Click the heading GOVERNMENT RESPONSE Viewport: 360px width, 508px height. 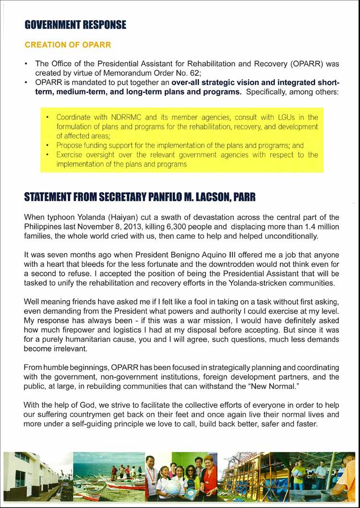(x=75, y=24)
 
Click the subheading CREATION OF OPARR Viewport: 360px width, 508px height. (x=68, y=45)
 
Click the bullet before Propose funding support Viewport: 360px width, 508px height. (x=47, y=145)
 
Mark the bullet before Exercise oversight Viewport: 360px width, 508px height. (x=47, y=155)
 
